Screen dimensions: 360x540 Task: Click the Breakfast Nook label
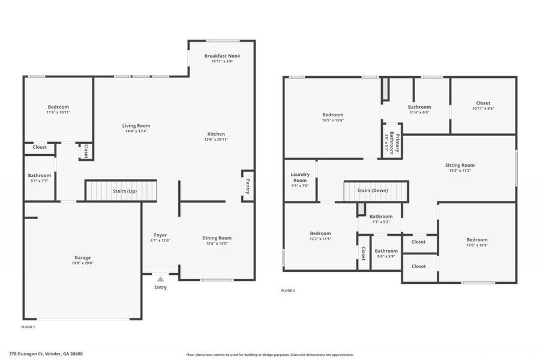pyautogui.click(x=222, y=56)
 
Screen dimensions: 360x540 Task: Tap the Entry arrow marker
pyautogui.click(x=160, y=279)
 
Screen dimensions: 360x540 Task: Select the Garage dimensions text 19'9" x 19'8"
pyautogui.click(x=83, y=263)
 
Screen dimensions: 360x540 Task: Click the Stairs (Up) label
pyautogui.click(x=125, y=191)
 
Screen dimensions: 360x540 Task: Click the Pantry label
pyautogui.click(x=247, y=186)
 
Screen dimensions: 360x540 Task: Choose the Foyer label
pyautogui.click(x=160, y=235)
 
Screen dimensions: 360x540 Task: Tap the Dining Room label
pyautogui.click(x=217, y=238)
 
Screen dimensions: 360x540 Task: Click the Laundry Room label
pyautogui.click(x=300, y=177)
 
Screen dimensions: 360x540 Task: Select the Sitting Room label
pyautogui.click(x=460, y=165)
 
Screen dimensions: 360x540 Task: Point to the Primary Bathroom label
pyautogui.click(x=394, y=142)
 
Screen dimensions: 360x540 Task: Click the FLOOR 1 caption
pyautogui.click(x=28, y=327)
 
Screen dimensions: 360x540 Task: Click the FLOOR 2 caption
pyautogui.click(x=288, y=291)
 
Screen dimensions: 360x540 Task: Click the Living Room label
pyautogui.click(x=136, y=125)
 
